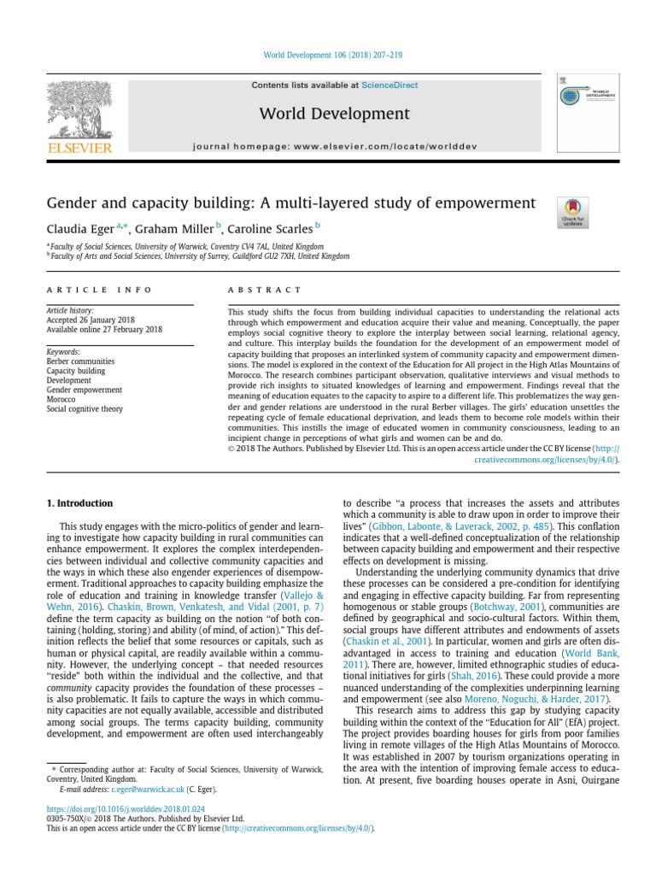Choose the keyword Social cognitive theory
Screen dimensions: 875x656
[85, 409]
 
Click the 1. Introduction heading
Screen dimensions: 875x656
[79, 504]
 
